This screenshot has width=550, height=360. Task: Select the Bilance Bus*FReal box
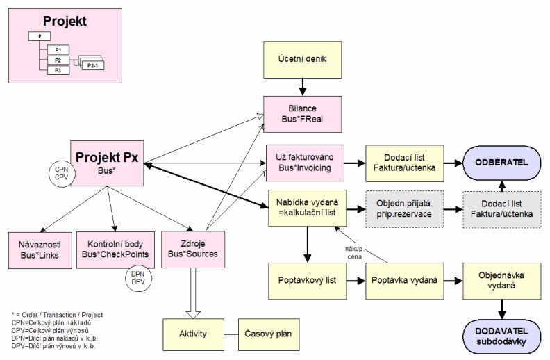302,114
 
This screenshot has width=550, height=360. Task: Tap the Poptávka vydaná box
403,281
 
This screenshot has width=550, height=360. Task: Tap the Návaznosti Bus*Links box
40,249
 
